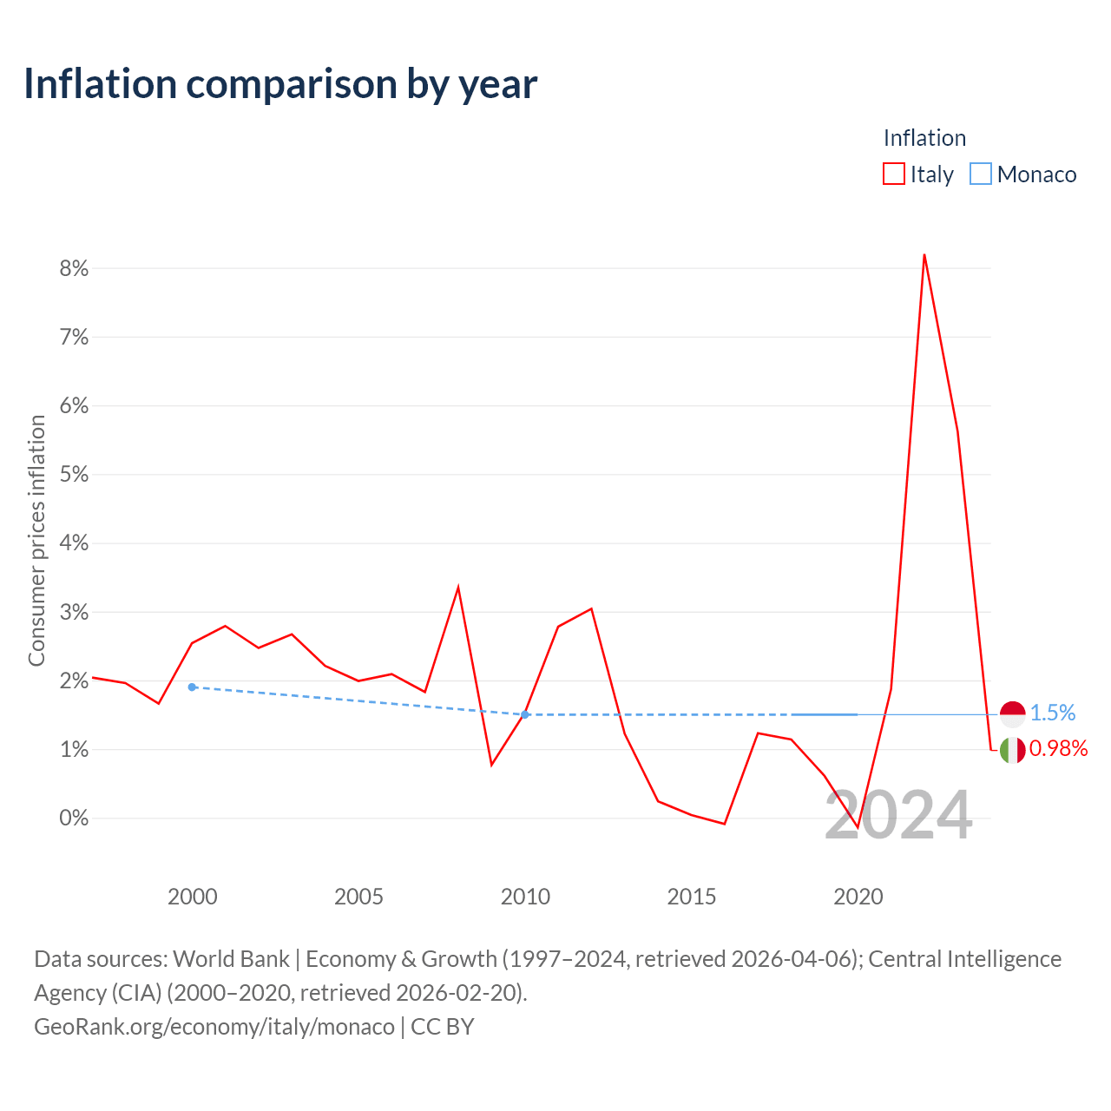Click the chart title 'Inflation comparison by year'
tap(280, 84)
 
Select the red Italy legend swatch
tap(893, 174)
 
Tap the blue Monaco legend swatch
tap(980, 174)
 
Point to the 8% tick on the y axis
tap(74, 268)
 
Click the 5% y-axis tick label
tap(74, 474)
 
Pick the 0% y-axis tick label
tap(74, 818)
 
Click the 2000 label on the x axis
tap(192, 897)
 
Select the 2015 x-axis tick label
tap(691, 897)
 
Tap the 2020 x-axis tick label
tap(858, 897)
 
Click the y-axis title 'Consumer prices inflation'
tap(37, 540)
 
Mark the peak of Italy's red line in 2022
tap(924, 255)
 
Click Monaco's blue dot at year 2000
tap(192, 687)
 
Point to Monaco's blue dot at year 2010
tap(524, 714)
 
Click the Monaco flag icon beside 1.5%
tap(1012, 714)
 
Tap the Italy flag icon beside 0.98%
tap(1012, 750)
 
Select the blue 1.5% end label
tap(1052, 713)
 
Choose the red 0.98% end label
tap(1058, 748)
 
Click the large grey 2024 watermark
tap(898, 815)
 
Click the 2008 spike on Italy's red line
tap(457, 588)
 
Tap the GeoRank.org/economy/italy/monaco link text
tap(214, 1026)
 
